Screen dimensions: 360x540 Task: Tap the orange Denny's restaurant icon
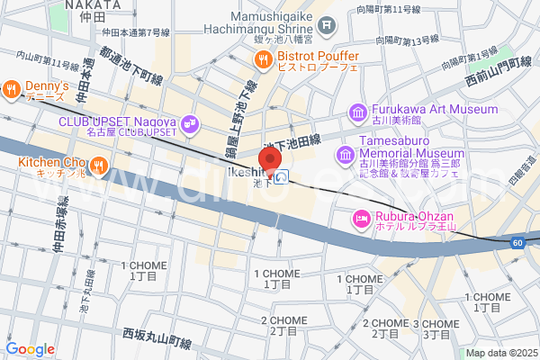[x=12, y=87]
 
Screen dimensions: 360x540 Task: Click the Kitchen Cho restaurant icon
[x=99, y=165]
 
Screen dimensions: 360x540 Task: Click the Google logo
[x=30, y=349]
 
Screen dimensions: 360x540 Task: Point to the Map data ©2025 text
[x=500, y=353]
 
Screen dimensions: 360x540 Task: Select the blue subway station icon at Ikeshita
[x=283, y=177]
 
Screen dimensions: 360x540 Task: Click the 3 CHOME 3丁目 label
[x=431, y=328]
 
